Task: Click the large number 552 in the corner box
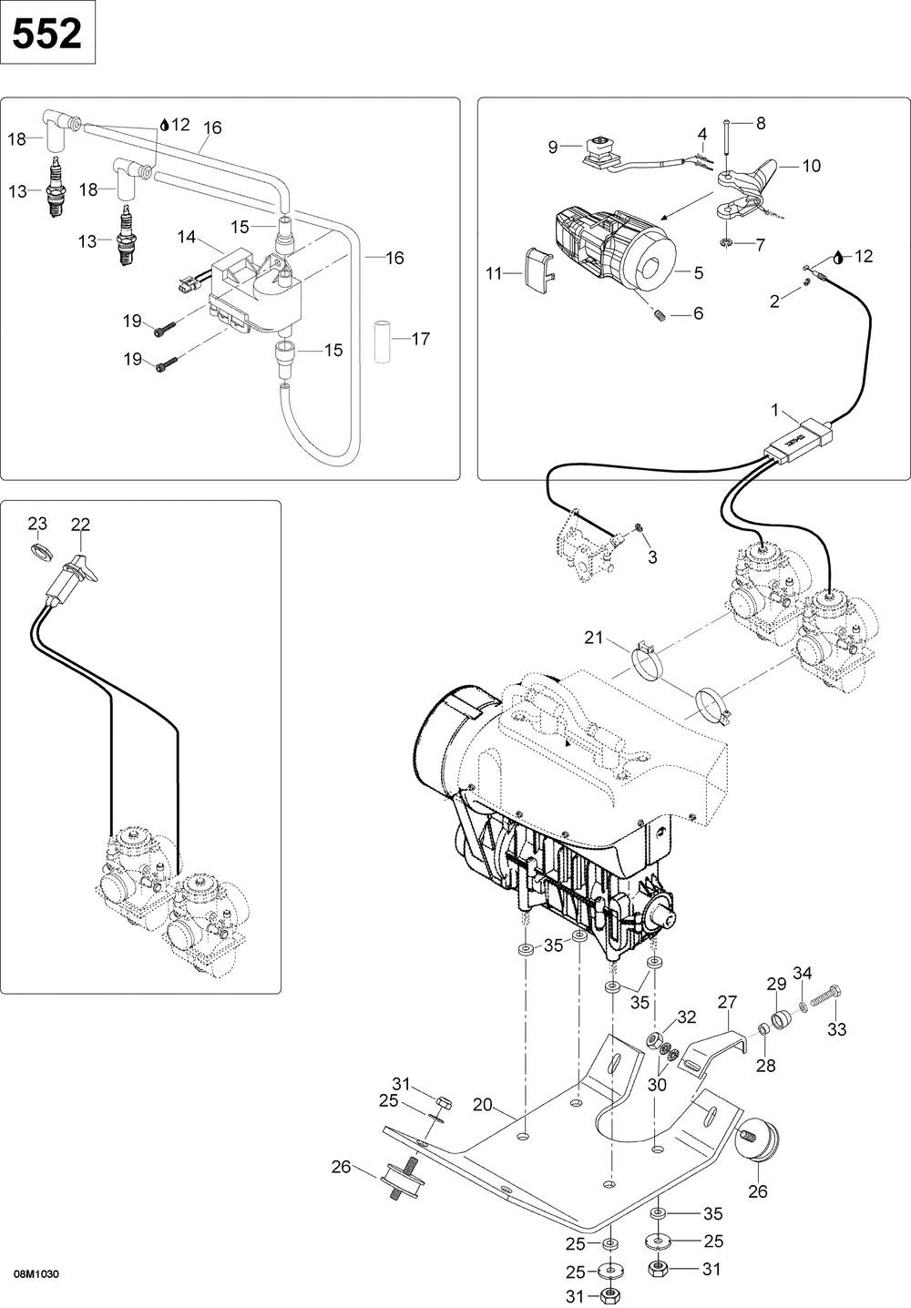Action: [x=47, y=34]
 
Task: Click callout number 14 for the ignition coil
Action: [x=187, y=237]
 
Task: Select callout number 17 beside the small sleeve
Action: [x=421, y=339]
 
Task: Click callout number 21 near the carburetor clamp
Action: [x=593, y=638]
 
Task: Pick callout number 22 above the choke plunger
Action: [x=80, y=525]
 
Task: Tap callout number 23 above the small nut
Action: [x=37, y=523]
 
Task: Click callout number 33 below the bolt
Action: [x=837, y=1029]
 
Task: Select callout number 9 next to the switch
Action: [x=552, y=148]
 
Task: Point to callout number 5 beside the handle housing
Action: [x=699, y=272]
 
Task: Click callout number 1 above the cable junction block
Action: [x=775, y=411]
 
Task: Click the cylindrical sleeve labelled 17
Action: [x=382, y=342]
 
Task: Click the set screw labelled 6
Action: [x=658, y=315]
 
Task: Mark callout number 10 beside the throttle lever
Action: [x=811, y=166]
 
